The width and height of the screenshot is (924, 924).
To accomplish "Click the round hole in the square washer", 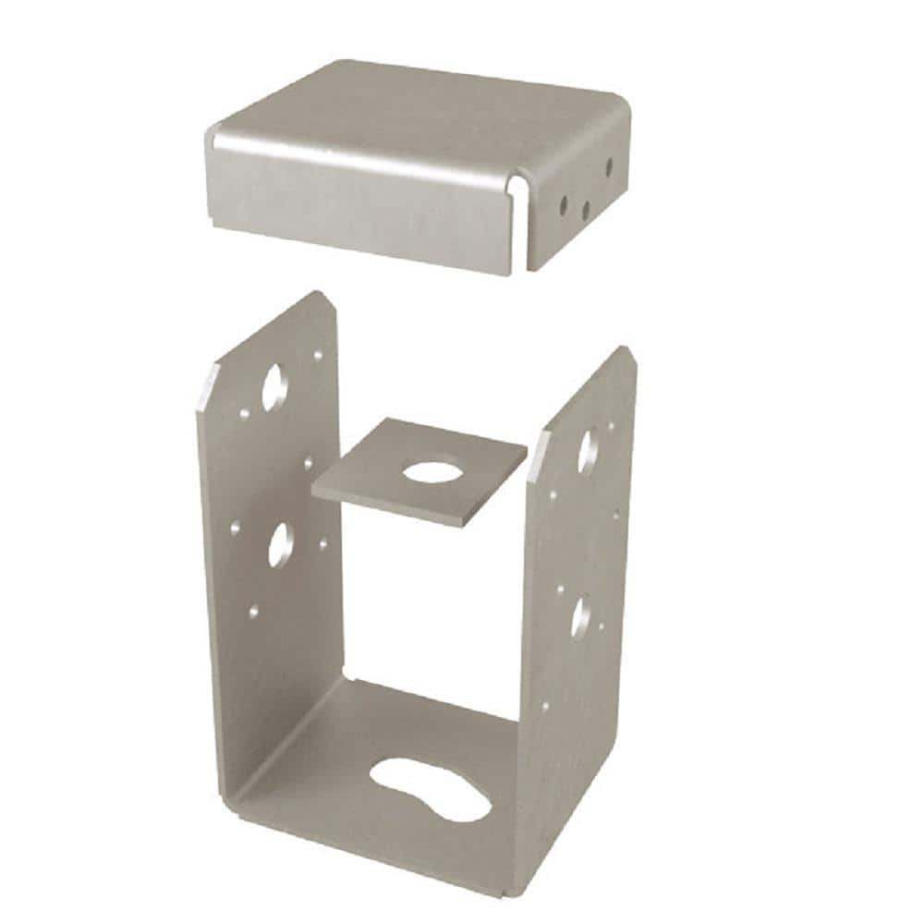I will click(x=431, y=470).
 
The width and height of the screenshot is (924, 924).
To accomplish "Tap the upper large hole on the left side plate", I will click(x=274, y=387).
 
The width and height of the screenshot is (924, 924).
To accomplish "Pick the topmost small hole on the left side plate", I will click(x=318, y=353).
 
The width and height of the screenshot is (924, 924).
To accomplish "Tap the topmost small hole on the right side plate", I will click(x=611, y=427).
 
